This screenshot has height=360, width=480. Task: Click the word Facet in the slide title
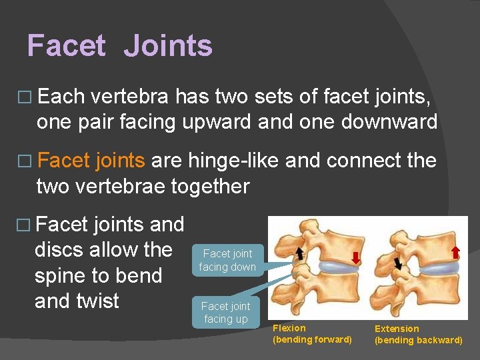(66, 46)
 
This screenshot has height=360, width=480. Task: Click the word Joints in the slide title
(168, 46)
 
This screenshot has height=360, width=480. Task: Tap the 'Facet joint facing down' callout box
(227, 260)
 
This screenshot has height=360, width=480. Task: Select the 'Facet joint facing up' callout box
(225, 312)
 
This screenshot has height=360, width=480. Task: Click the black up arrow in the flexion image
(299, 251)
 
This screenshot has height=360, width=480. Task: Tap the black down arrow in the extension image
(398, 263)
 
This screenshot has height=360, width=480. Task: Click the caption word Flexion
(289, 328)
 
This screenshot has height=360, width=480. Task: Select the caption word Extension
(397, 329)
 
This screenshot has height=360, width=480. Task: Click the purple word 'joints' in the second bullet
(120, 161)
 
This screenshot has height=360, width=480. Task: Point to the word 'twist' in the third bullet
(96, 301)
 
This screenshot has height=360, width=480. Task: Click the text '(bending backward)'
(418, 340)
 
